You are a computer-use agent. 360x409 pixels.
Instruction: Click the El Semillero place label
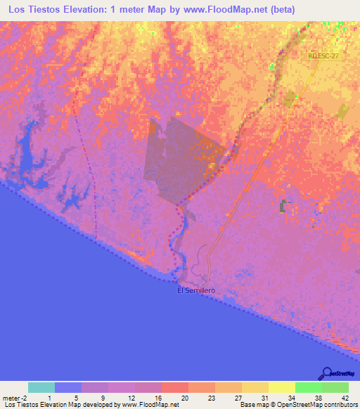196,290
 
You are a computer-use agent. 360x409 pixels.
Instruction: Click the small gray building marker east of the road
284,206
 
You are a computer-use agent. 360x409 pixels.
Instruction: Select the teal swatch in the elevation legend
41,387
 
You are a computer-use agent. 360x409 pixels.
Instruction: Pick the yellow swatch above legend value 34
281,387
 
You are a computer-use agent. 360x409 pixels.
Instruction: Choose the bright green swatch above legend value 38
308,387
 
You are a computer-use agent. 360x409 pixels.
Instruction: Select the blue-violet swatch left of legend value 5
68,387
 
